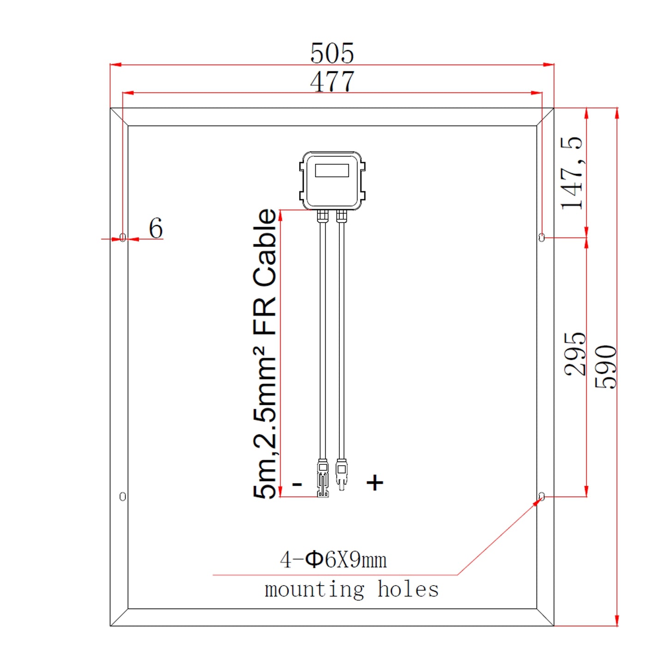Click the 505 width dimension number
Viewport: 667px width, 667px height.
[332, 53]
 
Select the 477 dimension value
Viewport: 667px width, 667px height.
[332, 82]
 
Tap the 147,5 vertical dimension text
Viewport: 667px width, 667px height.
[572, 173]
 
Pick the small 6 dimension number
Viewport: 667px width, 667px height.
[156, 228]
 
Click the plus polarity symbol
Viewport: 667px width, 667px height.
[374, 482]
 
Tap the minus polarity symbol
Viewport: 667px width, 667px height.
[297, 484]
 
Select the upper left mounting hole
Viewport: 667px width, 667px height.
[122, 237]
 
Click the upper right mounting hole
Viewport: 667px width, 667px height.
[542, 237]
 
